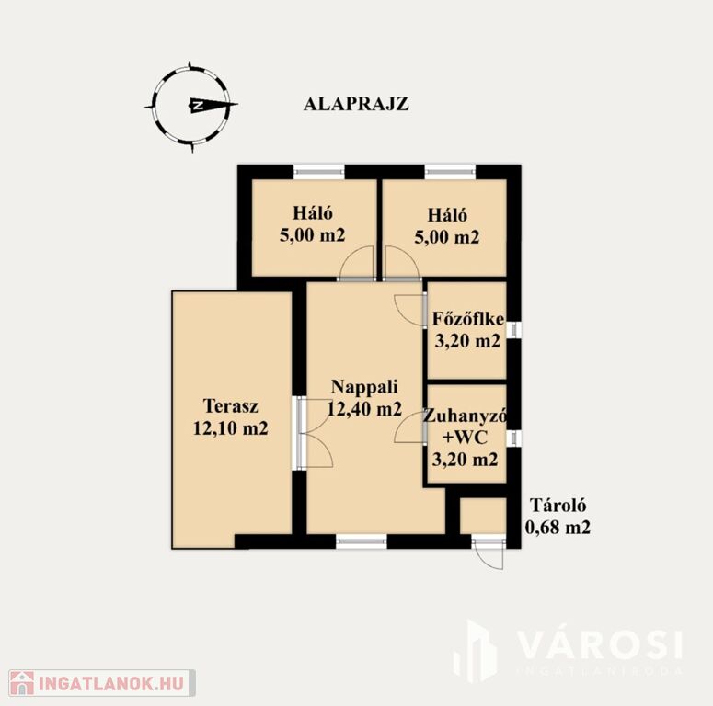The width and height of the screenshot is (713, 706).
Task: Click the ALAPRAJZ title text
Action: pos(356,104)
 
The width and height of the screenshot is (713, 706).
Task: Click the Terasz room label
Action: pos(231,405)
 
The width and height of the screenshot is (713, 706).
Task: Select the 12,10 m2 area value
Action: pos(231,428)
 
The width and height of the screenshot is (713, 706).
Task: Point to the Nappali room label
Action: pos(364,387)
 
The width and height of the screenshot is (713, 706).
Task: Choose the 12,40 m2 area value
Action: pos(364,409)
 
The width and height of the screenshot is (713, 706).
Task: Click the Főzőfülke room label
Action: pos(468,318)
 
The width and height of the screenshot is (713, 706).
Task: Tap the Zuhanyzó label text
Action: pos(465,416)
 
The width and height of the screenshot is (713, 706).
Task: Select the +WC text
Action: pos(465,438)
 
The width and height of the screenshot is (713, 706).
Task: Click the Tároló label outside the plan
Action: pos(558,506)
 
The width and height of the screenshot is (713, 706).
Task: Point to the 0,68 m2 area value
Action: pos(558,528)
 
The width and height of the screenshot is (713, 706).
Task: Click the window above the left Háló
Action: pos(318,171)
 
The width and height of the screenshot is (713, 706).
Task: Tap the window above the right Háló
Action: pos(450,171)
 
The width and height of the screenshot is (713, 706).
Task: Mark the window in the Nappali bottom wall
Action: pos(362,541)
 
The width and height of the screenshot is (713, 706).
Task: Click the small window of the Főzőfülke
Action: pos(514,330)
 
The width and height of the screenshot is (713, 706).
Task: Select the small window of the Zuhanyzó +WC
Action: pos(514,438)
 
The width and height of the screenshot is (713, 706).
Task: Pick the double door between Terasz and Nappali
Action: pos(314,433)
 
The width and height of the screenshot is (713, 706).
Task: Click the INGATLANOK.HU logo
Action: pos(102,683)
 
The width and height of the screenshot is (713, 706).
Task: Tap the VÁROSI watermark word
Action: pos(600,644)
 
